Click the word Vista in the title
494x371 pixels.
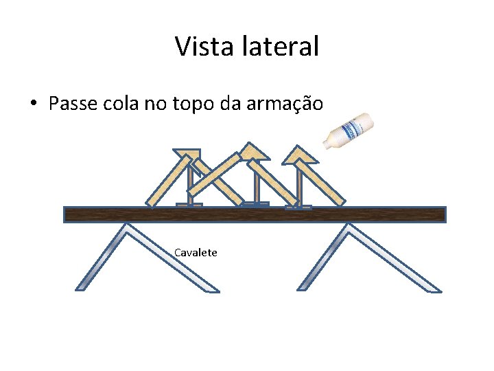200,47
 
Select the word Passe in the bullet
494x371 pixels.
72,104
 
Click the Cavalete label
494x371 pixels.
196,253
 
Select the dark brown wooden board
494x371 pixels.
255,214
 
